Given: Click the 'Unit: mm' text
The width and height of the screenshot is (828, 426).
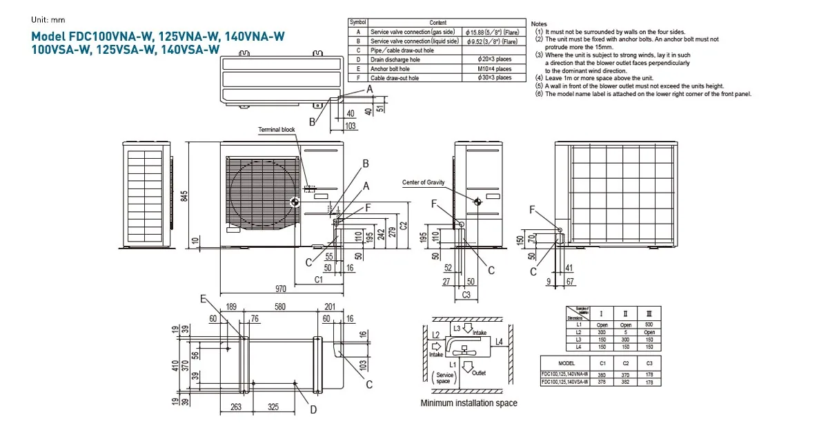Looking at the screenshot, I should (x=48, y=20).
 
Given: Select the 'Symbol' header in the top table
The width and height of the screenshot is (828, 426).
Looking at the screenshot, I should (x=358, y=23).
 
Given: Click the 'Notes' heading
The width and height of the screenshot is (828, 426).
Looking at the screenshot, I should (x=539, y=23).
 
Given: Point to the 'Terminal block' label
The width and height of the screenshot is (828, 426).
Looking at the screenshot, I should (x=276, y=130).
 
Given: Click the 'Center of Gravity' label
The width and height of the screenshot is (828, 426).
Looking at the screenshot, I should (x=424, y=182).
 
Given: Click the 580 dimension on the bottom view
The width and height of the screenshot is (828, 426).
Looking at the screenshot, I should (x=279, y=307).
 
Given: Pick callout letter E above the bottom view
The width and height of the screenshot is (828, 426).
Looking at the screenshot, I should (x=204, y=299).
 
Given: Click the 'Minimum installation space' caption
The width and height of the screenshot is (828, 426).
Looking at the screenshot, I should (x=469, y=403).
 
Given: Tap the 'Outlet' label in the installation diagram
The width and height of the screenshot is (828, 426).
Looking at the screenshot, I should (x=479, y=373).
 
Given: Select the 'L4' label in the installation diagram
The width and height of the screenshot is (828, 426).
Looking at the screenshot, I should (x=499, y=342).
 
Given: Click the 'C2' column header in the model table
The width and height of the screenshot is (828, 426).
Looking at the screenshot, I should (x=626, y=362).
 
